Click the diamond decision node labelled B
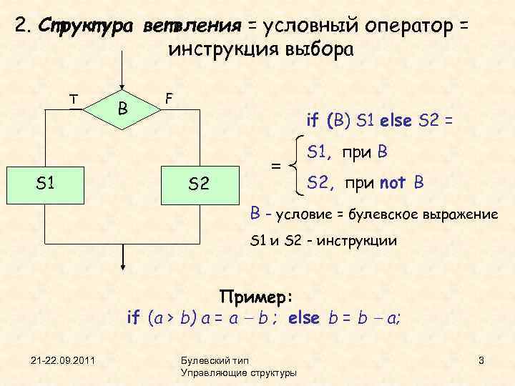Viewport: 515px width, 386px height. (124, 109)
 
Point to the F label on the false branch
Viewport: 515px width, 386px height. (168, 96)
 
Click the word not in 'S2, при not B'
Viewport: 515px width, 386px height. (393, 184)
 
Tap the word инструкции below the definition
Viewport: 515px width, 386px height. (355, 241)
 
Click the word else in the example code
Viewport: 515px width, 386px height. (304, 317)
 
